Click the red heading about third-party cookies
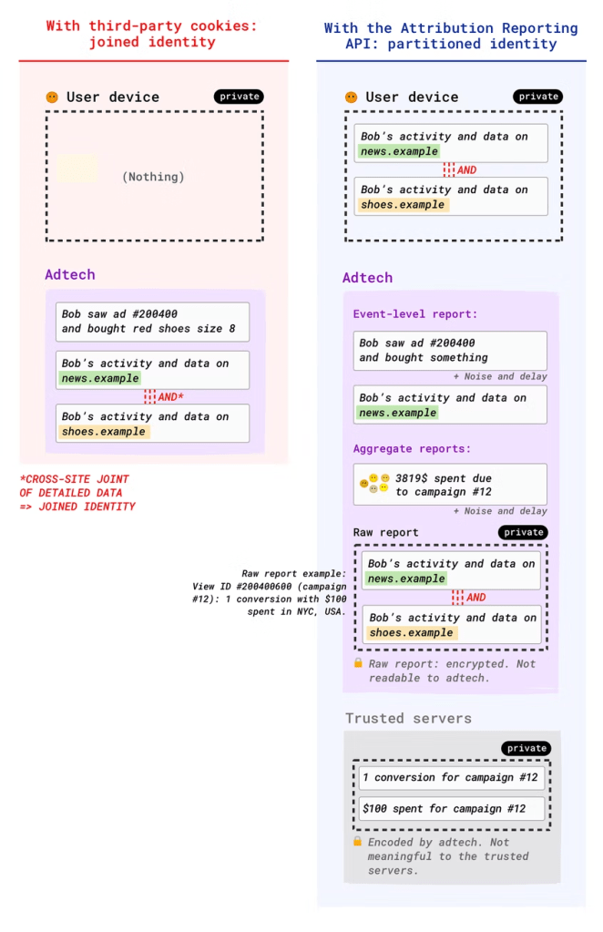(x=151, y=34)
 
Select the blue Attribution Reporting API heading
(x=451, y=36)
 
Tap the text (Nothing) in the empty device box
(x=153, y=177)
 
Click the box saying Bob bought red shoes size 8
(x=152, y=322)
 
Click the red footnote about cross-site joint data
(x=77, y=492)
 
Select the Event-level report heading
(x=415, y=314)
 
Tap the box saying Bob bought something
(x=450, y=351)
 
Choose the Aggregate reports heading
(x=413, y=450)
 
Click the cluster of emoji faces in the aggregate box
(x=373, y=484)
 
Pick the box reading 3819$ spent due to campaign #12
(x=450, y=485)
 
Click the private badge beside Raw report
(x=524, y=532)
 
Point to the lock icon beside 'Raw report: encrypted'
(x=359, y=663)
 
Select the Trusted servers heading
(x=408, y=718)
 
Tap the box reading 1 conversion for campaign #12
(x=451, y=778)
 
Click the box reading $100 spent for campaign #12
(x=451, y=809)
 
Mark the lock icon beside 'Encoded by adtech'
(x=358, y=842)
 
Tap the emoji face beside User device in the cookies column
(x=53, y=97)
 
